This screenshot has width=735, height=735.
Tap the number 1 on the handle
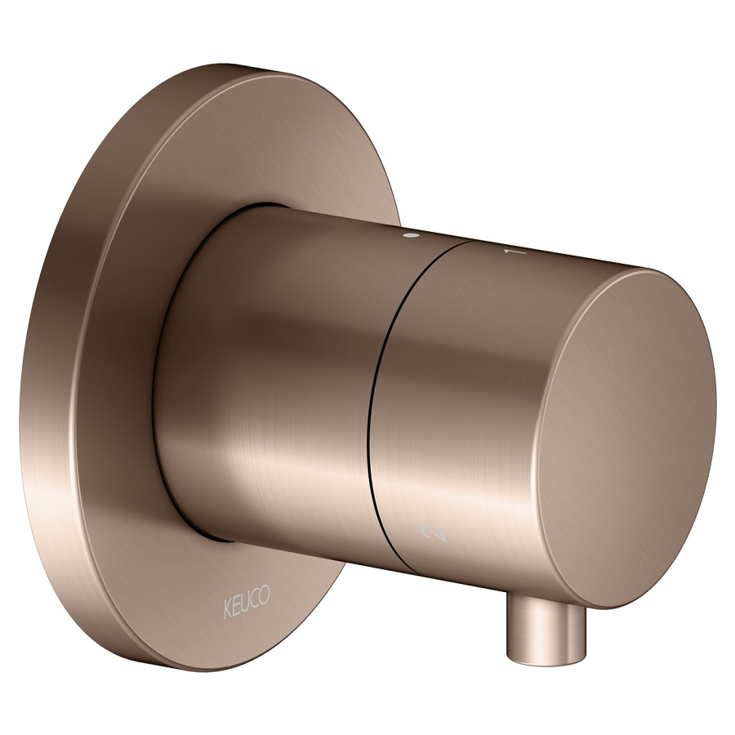pos(514,252)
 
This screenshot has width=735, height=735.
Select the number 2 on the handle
pos(434,533)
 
